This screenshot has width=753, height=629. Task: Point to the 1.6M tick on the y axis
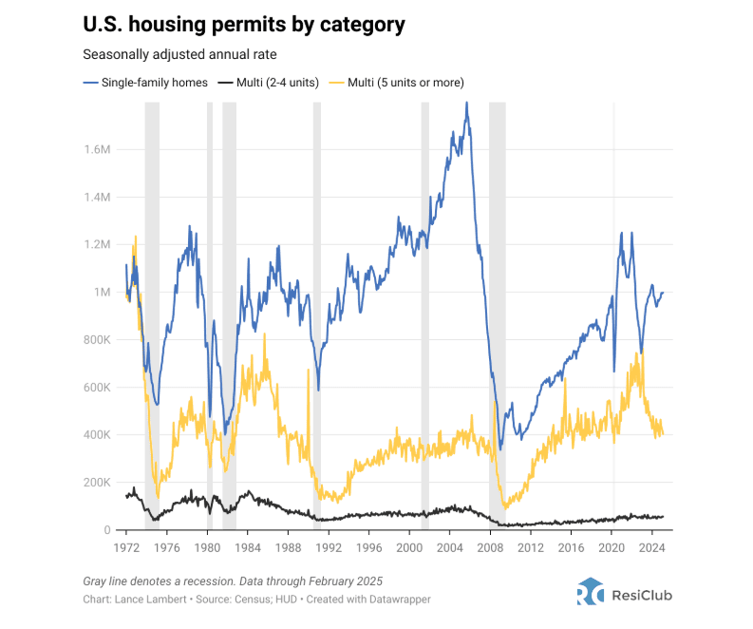coord(97,150)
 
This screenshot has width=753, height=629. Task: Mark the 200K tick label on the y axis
coord(98,483)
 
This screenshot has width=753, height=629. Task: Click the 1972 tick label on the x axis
coord(126,548)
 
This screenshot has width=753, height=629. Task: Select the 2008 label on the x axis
coord(490,548)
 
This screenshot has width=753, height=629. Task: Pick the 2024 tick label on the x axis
coord(651,548)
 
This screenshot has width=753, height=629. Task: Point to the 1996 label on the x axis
coord(368,548)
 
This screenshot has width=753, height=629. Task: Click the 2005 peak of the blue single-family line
coord(466,103)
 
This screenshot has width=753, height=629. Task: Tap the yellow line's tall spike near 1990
coord(309,371)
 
